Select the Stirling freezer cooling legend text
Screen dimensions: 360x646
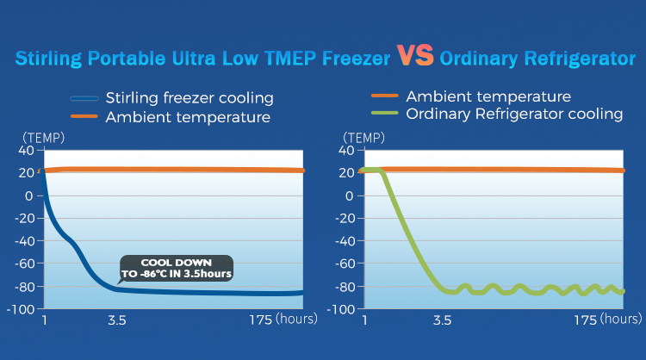point(189,98)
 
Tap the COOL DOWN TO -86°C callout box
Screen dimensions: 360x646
point(177,268)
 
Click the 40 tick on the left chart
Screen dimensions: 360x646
point(25,151)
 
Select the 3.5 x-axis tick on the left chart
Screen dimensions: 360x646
point(117,320)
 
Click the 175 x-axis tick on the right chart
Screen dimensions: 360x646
point(585,320)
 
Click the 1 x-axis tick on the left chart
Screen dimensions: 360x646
point(46,320)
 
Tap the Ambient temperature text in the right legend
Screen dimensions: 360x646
point(488,96)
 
